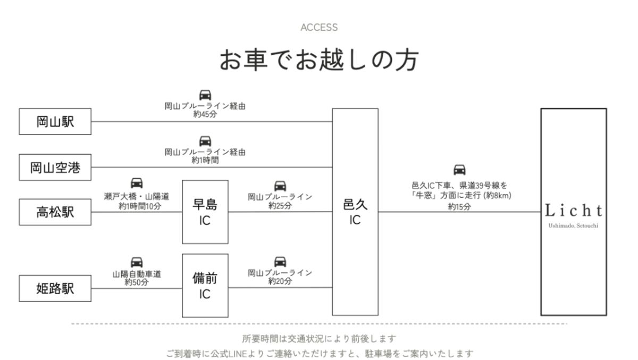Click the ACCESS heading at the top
[x=319, y=27]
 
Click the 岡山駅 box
[x=55, y=122]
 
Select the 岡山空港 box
[x=55, y=168]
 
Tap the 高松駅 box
[x=55, y=212]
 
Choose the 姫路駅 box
[x=55, y=289]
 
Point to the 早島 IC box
[x=205, y=212]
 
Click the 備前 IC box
[x=205, y=286]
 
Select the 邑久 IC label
[x=355, y=212]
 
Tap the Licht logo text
[x=573, y=211]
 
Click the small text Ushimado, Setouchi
[x=573, y=226]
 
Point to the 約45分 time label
[x=205, y=114]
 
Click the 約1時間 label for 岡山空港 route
[x=205, y=161]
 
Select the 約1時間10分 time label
[x=140, y=206]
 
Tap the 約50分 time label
[x=137, y=282]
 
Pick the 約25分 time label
[x=280, y=206]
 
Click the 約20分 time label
[x=280, y=281]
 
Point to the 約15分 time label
[x=459, y=207]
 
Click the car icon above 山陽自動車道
[x=137, y=262]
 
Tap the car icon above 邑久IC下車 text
[x=459, y=170]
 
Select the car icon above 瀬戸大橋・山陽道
[x=137, y=183]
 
